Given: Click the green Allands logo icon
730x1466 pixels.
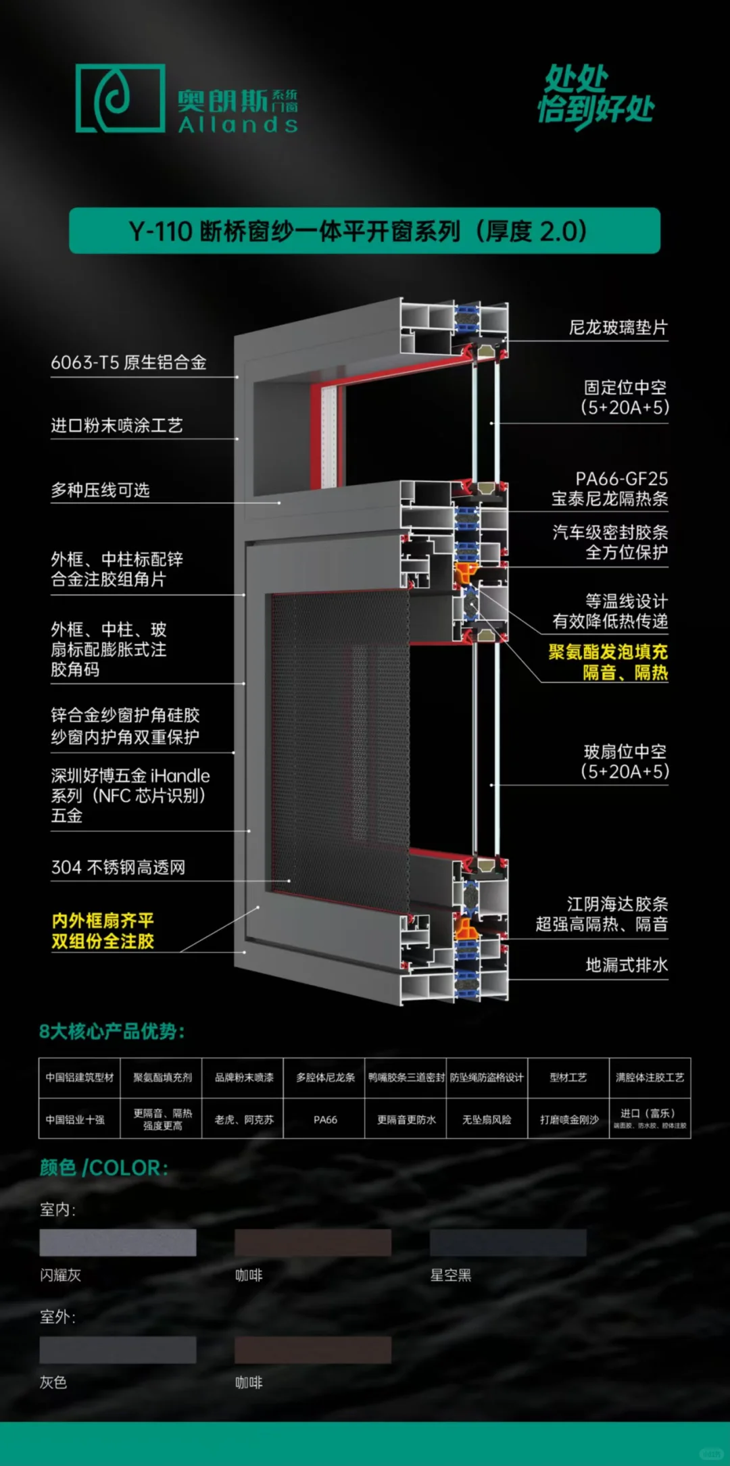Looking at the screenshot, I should [x=120, y=98].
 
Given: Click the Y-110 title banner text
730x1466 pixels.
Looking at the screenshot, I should [x=358, y=231].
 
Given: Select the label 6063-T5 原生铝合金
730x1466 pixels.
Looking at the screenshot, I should [x=128, y=363].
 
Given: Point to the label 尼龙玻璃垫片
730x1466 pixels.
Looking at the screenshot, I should [x=618, y=328].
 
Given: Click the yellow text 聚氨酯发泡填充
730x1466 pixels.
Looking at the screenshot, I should [x=608, y=652].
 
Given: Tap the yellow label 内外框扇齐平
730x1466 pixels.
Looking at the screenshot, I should [x=103, y=921].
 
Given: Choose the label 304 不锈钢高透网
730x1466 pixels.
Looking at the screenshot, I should [x=118, y=867].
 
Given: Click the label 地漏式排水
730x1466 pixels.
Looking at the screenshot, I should [x=626, y=965].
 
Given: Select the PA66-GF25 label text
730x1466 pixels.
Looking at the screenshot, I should [x=621, y=479].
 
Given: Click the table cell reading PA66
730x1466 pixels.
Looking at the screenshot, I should [x=325, y=1119].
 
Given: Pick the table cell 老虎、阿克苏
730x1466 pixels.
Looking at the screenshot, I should [x=244, y=1119].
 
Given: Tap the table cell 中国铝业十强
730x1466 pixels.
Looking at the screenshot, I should [x=75, y=1119].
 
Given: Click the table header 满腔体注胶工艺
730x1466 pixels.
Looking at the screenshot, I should [x=650, y=1078].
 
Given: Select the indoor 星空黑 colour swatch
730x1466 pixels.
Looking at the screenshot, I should [x=508, y=1243].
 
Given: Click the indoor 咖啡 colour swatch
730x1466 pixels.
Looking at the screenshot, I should [x=312, y=1243].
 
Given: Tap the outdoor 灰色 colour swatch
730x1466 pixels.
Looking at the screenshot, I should [x=118, y=1350].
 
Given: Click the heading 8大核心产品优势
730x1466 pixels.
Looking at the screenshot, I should [x=112, y=1032].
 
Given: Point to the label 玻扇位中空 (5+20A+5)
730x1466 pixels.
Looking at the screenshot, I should [x=625, y=761].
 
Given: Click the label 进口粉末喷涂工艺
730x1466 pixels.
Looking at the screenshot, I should [x=117, y=426].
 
